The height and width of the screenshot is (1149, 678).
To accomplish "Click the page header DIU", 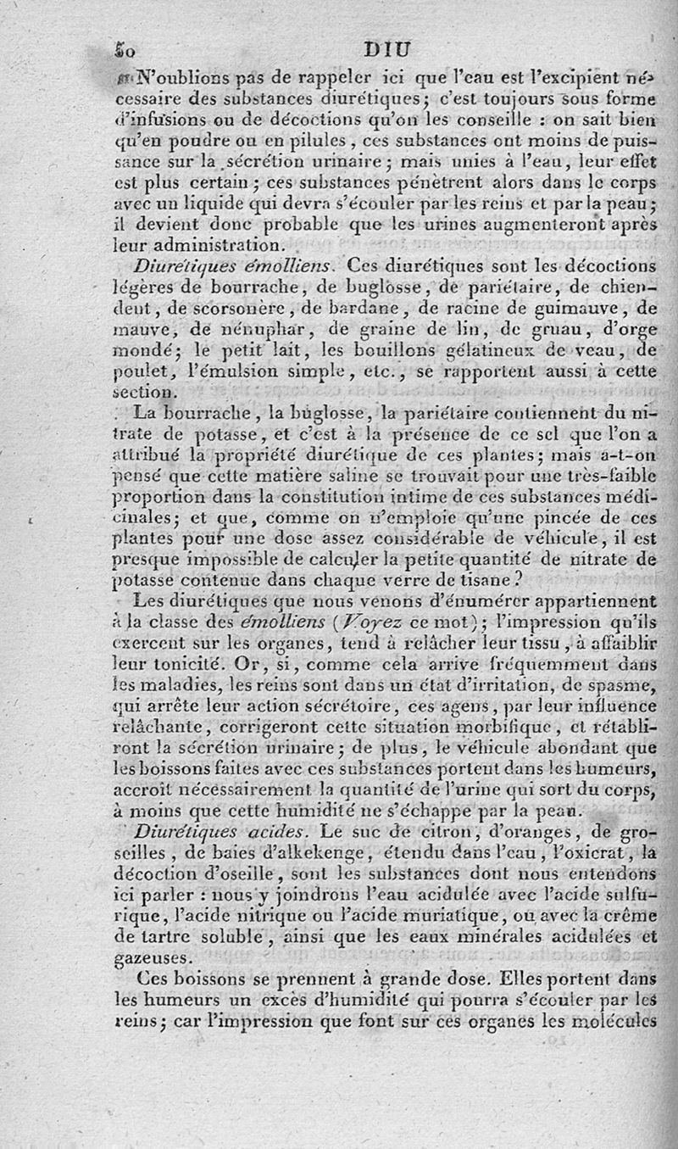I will click(x=385, y=48).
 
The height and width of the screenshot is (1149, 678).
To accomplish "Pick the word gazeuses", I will click(x=151, y=957).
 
